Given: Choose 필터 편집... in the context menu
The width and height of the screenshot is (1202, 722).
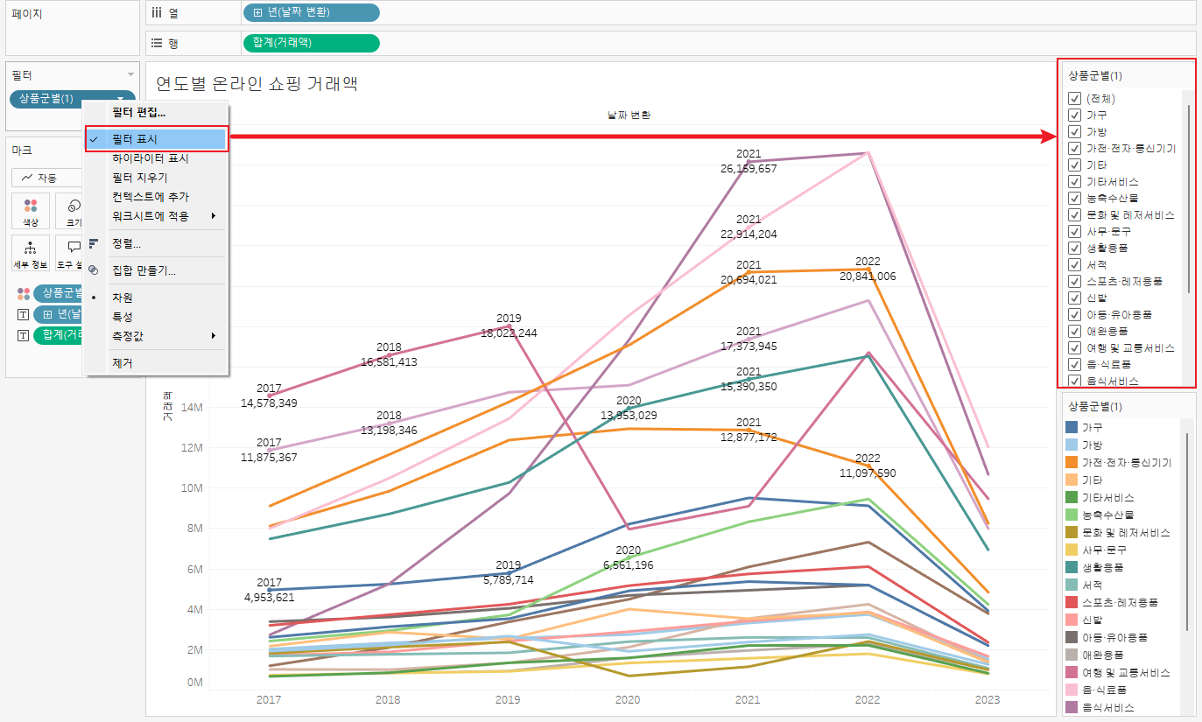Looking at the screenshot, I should (138, 113).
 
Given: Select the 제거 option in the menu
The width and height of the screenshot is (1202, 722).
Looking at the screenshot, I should (123, 363).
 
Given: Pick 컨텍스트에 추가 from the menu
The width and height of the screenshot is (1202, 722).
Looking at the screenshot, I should (151, 197).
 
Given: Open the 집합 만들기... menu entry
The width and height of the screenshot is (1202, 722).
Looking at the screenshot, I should (144, 271).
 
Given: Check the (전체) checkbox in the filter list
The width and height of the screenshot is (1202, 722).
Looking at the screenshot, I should (1074, 98).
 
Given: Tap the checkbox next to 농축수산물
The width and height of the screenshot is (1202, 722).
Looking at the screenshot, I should (1074, 198).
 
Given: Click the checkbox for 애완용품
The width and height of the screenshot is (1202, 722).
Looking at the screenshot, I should (1074, 331).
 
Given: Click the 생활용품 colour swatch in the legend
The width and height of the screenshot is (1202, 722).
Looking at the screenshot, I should (1072, 567).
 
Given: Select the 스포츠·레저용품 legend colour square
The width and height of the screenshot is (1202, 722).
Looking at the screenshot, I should (1072, 602).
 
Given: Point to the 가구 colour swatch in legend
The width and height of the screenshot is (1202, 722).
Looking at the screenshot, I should (1072, 427).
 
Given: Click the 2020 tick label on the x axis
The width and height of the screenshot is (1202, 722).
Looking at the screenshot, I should (628, 700).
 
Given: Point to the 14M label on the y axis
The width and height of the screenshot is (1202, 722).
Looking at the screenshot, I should (192, 408).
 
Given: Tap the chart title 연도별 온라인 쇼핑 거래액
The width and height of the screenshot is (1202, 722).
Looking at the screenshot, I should (257, 84).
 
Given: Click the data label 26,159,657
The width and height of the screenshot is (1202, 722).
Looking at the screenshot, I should (749, 169).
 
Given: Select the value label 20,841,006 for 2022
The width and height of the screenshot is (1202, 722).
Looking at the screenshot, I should (868, 277).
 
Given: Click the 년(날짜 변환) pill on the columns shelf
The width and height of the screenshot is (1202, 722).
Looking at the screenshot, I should (311, 13).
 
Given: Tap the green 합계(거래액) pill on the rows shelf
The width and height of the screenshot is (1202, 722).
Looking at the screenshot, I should (311, 43).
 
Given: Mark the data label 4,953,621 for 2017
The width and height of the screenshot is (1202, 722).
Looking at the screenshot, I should (270, 598).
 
